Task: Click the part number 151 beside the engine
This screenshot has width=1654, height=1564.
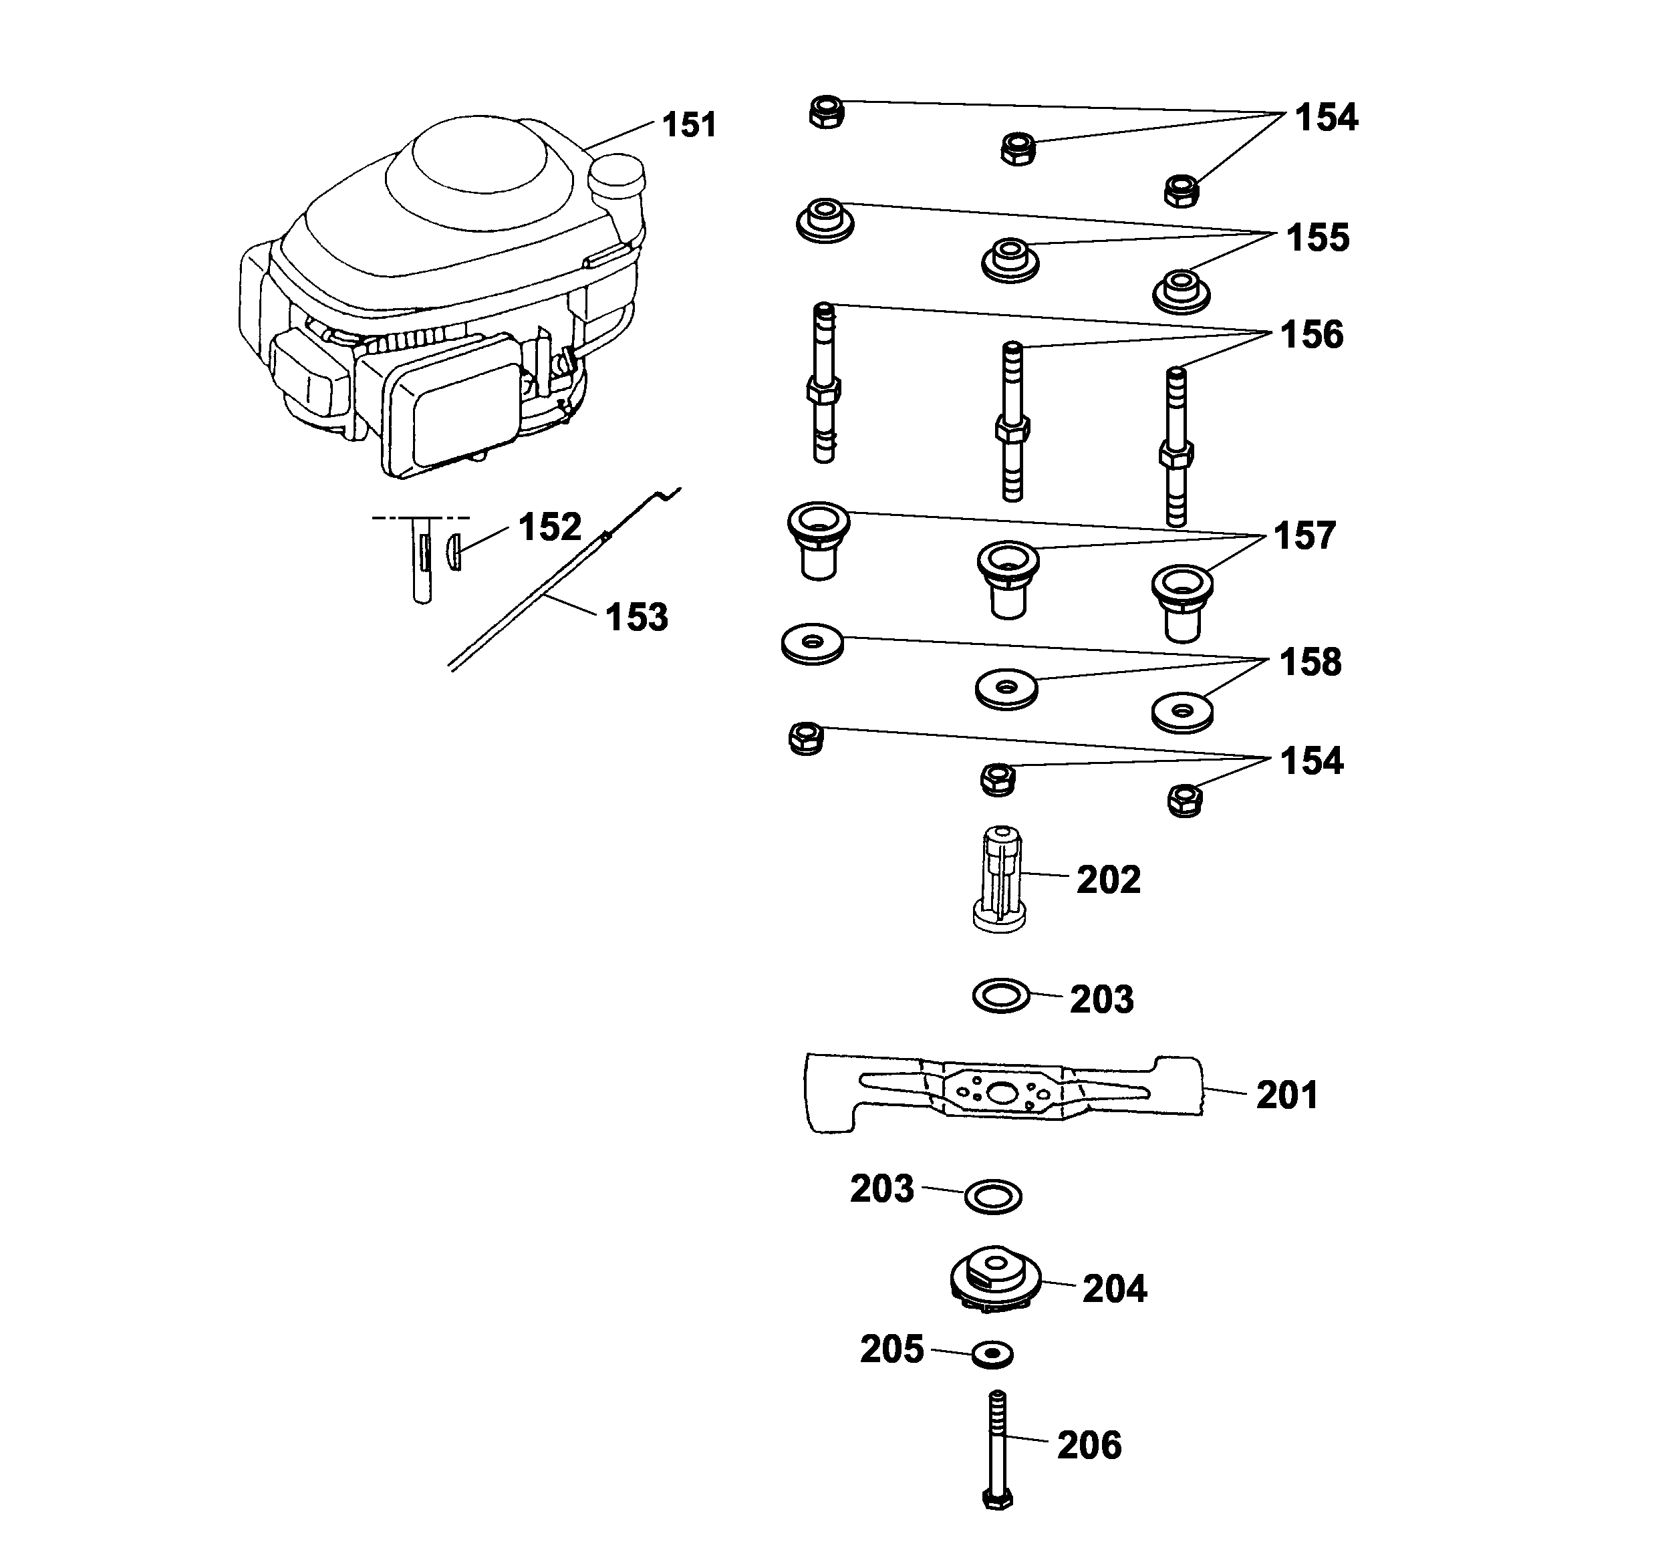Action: click(x=688, y=125)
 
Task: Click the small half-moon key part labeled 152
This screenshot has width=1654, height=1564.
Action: click(x=454, y=553)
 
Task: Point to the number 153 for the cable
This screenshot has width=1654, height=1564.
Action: click(x=636, y=618)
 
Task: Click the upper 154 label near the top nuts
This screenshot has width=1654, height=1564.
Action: click(x=1325, y=118)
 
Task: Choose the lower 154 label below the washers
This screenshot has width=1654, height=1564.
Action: click(x=1311, y=761)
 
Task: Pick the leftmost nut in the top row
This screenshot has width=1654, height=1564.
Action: click(x=826, y=111)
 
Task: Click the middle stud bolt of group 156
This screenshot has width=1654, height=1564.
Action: click(x=1012, y=422)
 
